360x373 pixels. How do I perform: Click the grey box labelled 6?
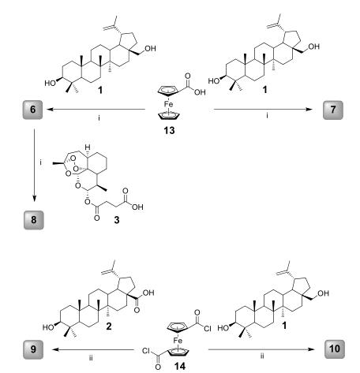(x=32, y=110)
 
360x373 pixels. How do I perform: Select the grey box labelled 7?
(x=333, y=110)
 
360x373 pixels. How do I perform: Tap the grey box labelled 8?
(x=34, y=220)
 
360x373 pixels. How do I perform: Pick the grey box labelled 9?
(x=33, y=349)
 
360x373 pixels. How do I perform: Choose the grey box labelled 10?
(x=335, y=349)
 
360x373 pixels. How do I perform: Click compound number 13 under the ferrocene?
(x=169, y=130)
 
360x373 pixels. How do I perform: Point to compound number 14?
(x=180, y=366)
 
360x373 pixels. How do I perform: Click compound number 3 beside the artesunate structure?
(x=117, y=220)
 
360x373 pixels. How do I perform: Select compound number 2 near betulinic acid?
(x=109, y=326)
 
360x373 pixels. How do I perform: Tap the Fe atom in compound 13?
(x=169, y=104)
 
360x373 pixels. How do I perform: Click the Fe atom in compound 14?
(x=178, y=341)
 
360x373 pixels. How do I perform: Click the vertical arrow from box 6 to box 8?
(x=34, y=166)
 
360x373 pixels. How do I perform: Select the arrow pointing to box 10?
(x=261, y=349)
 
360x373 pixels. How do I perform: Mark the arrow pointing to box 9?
(x=92, y=349)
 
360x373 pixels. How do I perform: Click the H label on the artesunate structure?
(x=88, y=147)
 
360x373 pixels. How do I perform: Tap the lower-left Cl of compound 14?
(x=146, y=351)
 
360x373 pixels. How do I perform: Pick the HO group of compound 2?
(x=48, y=327)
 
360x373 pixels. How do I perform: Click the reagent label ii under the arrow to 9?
(x=91, y=358)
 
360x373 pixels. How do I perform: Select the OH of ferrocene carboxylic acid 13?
(x=200, y=92)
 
